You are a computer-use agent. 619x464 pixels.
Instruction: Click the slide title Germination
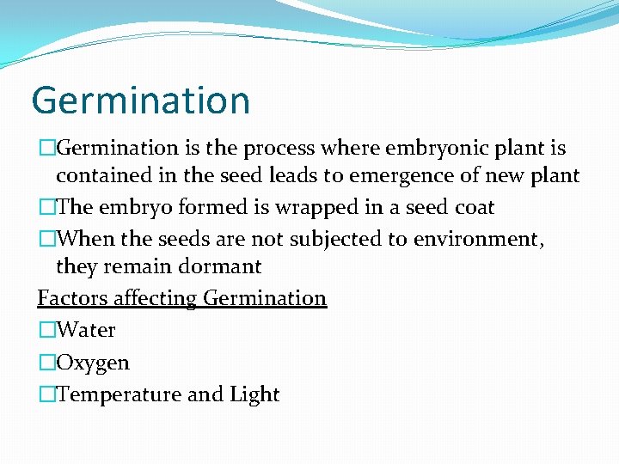pos(140,101)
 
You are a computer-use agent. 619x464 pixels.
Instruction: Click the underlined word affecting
pos(155,298)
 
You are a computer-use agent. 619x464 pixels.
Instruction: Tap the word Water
pos(85,330)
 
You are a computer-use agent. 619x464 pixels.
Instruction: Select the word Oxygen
pos(92,363)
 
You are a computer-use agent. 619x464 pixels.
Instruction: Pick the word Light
pos(254,394)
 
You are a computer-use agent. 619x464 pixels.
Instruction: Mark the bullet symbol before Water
pos(46,330)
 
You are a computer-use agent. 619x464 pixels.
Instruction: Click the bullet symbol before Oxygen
pos(46,363)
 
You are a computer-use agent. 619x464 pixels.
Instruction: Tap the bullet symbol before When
pos(46,238)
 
